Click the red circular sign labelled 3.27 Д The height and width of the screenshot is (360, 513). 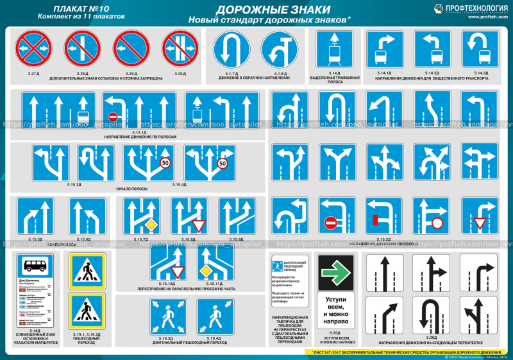(33, 49)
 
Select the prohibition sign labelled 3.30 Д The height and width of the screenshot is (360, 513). (180, 49)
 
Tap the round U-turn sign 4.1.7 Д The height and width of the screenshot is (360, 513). (231, 49)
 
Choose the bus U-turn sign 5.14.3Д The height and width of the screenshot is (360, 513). (481, 49)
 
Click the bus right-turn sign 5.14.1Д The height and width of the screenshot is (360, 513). (385, 49)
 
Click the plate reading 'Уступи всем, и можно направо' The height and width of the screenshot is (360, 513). (337, 309)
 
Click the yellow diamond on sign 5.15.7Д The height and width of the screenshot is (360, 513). (151, 225)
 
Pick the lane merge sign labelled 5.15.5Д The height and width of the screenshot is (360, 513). (35, 216)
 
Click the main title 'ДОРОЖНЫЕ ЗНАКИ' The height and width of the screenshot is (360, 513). (273, 10)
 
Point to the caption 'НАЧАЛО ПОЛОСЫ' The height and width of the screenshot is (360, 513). (132, 189)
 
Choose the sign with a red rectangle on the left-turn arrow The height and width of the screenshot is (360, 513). (383, 216)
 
